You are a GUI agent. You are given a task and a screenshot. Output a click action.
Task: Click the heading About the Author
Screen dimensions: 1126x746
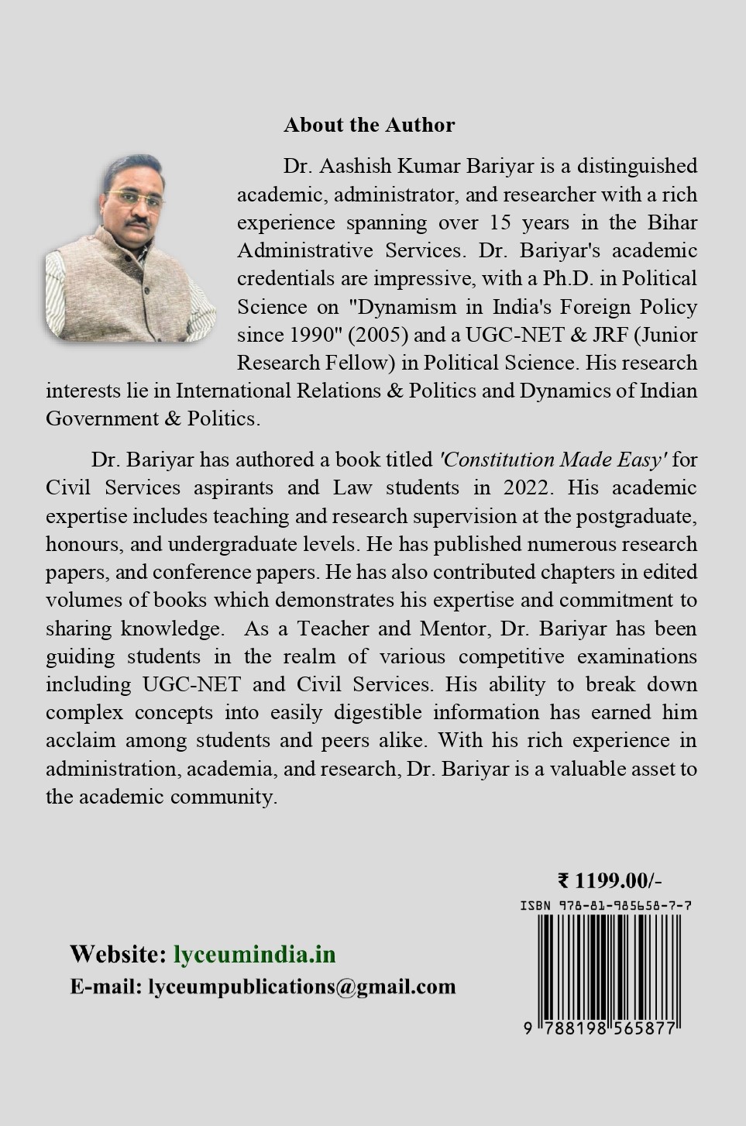pos(369,125)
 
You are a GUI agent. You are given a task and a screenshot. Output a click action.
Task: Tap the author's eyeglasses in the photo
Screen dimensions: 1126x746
pos(129,194)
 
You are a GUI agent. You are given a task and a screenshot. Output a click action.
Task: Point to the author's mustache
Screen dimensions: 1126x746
pos(137,222)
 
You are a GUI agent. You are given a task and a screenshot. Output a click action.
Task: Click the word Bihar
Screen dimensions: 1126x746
pos(672,222)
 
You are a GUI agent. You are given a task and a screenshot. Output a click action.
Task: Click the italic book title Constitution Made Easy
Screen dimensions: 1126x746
pos(552,460)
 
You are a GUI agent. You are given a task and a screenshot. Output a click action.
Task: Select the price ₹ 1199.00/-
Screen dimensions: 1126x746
pos(610,880)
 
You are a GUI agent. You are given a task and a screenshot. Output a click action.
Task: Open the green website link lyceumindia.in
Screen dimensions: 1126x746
pos(254,954)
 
